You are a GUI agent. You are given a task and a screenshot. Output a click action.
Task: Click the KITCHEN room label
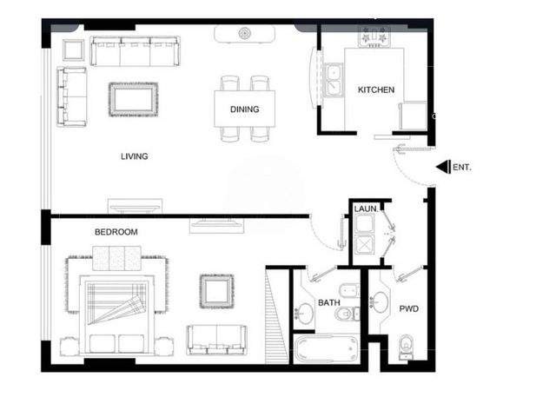tap(376, 89)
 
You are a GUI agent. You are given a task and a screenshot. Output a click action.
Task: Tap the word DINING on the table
tap(245, 109)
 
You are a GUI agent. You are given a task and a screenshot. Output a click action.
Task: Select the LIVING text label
tap(135, 156)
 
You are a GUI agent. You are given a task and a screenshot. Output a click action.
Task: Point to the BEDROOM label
tap(116, 232)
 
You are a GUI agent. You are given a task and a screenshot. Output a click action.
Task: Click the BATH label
tap(329, 303)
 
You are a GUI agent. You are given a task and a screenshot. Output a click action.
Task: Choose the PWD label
tap(409, 309)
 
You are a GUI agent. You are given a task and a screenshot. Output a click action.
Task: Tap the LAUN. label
tap(366, 208)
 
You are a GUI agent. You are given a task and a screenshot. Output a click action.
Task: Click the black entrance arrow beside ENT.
tap(443, 167)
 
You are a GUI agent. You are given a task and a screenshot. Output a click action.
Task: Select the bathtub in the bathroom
tap(326, 349)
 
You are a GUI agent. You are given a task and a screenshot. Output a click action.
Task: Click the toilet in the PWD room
tap(406, 347)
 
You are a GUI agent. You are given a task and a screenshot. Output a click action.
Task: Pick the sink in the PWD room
tap(379, 302)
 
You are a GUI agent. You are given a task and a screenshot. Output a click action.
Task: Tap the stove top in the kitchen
tap(374, 37)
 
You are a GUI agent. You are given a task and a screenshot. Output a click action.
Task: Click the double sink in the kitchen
tap(334, 80)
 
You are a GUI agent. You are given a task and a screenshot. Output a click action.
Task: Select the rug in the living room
tap(133, 100)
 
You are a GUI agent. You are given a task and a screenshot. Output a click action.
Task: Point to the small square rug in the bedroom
tap(216, 291)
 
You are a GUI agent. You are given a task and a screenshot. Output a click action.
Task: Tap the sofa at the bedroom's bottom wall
tap(216, 340)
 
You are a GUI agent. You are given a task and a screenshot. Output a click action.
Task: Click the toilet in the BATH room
tap(347, 314)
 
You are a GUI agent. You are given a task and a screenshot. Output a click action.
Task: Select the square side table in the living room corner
tap(73, 50)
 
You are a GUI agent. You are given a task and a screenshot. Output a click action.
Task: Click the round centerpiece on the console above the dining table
tap(245, 34)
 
